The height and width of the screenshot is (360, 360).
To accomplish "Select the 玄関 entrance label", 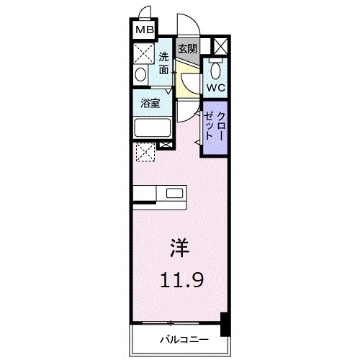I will tap(187, 49).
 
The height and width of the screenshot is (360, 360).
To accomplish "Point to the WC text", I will tap(215, 87).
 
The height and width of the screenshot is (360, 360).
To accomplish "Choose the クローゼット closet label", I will tap(214, 126).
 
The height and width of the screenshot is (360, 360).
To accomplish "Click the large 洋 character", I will tap(179, 249).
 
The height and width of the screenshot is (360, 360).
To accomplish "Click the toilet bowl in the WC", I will tap(215, 70).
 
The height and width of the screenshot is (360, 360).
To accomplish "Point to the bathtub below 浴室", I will tap(152, 128).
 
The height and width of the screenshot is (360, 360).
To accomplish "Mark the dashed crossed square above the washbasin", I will tap(143, 53).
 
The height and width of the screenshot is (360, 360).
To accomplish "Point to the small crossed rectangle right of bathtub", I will tap(166, 145).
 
